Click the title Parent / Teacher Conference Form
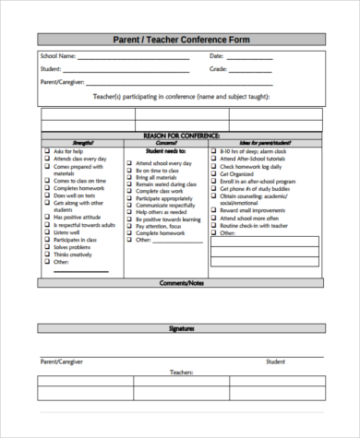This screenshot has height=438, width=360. pos(180,41)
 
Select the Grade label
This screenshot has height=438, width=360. pos(218,69)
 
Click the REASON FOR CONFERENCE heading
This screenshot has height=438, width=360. pos(180,135)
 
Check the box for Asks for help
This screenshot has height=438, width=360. pos(46,151)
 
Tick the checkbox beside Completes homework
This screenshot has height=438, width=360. pos(46,188)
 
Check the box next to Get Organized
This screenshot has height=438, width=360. pos(214,172)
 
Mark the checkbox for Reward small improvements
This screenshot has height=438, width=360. pos(214,209)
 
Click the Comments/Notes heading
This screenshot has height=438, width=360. pos(180,283)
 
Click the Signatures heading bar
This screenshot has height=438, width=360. pos(180,329)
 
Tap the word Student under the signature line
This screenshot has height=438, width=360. pos(276,362)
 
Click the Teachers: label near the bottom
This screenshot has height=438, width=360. pos(180,373)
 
